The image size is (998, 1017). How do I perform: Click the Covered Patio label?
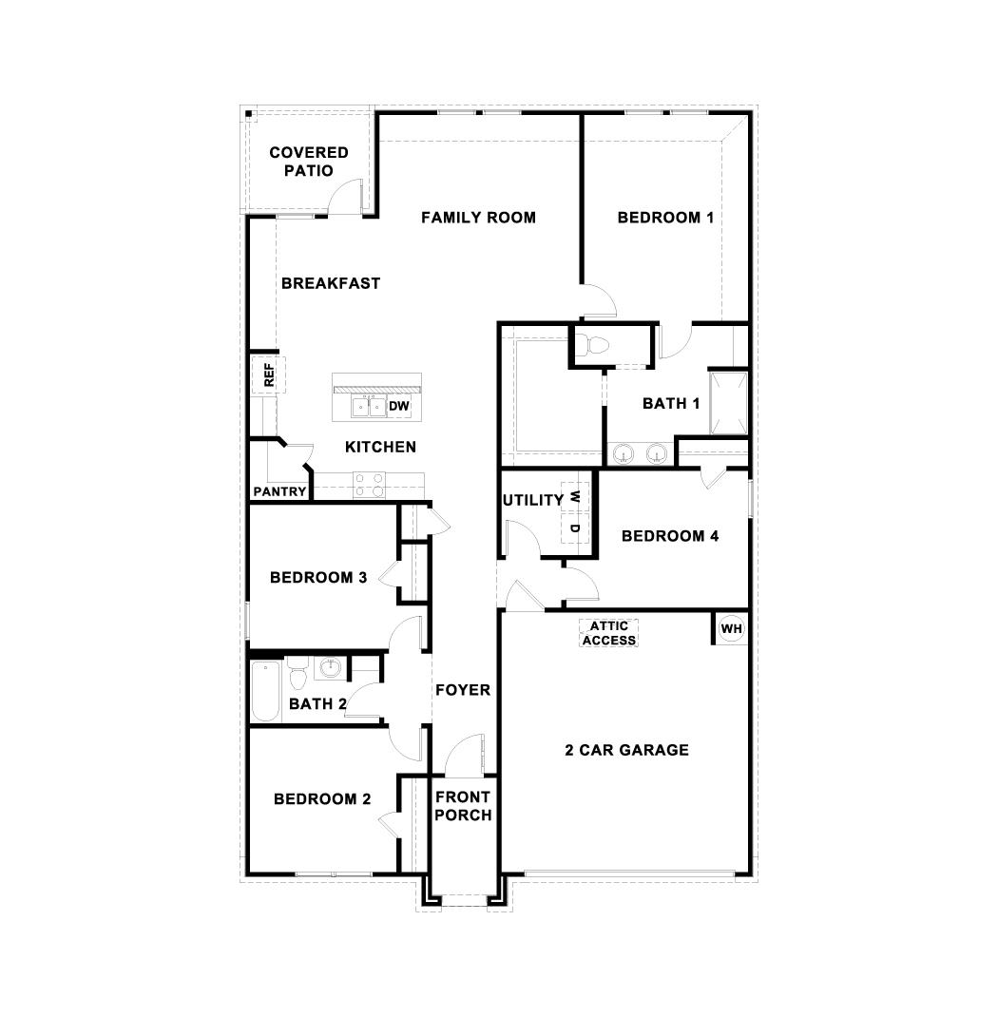[x=308, y=162]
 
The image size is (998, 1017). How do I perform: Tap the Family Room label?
[x=478, y=218]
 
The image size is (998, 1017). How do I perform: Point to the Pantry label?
[x=279, y=491]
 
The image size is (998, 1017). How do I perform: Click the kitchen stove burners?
[x=369, y=486]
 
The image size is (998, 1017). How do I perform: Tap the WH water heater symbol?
[x=730, y=628]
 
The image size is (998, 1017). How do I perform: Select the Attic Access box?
[x=608, y=633]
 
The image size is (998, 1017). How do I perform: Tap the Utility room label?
[x=532, y=500]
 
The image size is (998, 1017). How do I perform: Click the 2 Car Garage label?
[x=626, y=750]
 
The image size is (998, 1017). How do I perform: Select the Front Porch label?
[x=463, y=806]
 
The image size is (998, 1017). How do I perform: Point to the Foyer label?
[x=463, y=690]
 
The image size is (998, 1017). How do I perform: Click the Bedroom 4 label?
[x=669, y=536]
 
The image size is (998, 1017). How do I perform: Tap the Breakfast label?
[x=330, y=283]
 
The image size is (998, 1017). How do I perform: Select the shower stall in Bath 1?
[x=728, y=403]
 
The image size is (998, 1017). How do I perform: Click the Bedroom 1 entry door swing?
[x=600, y=301]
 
